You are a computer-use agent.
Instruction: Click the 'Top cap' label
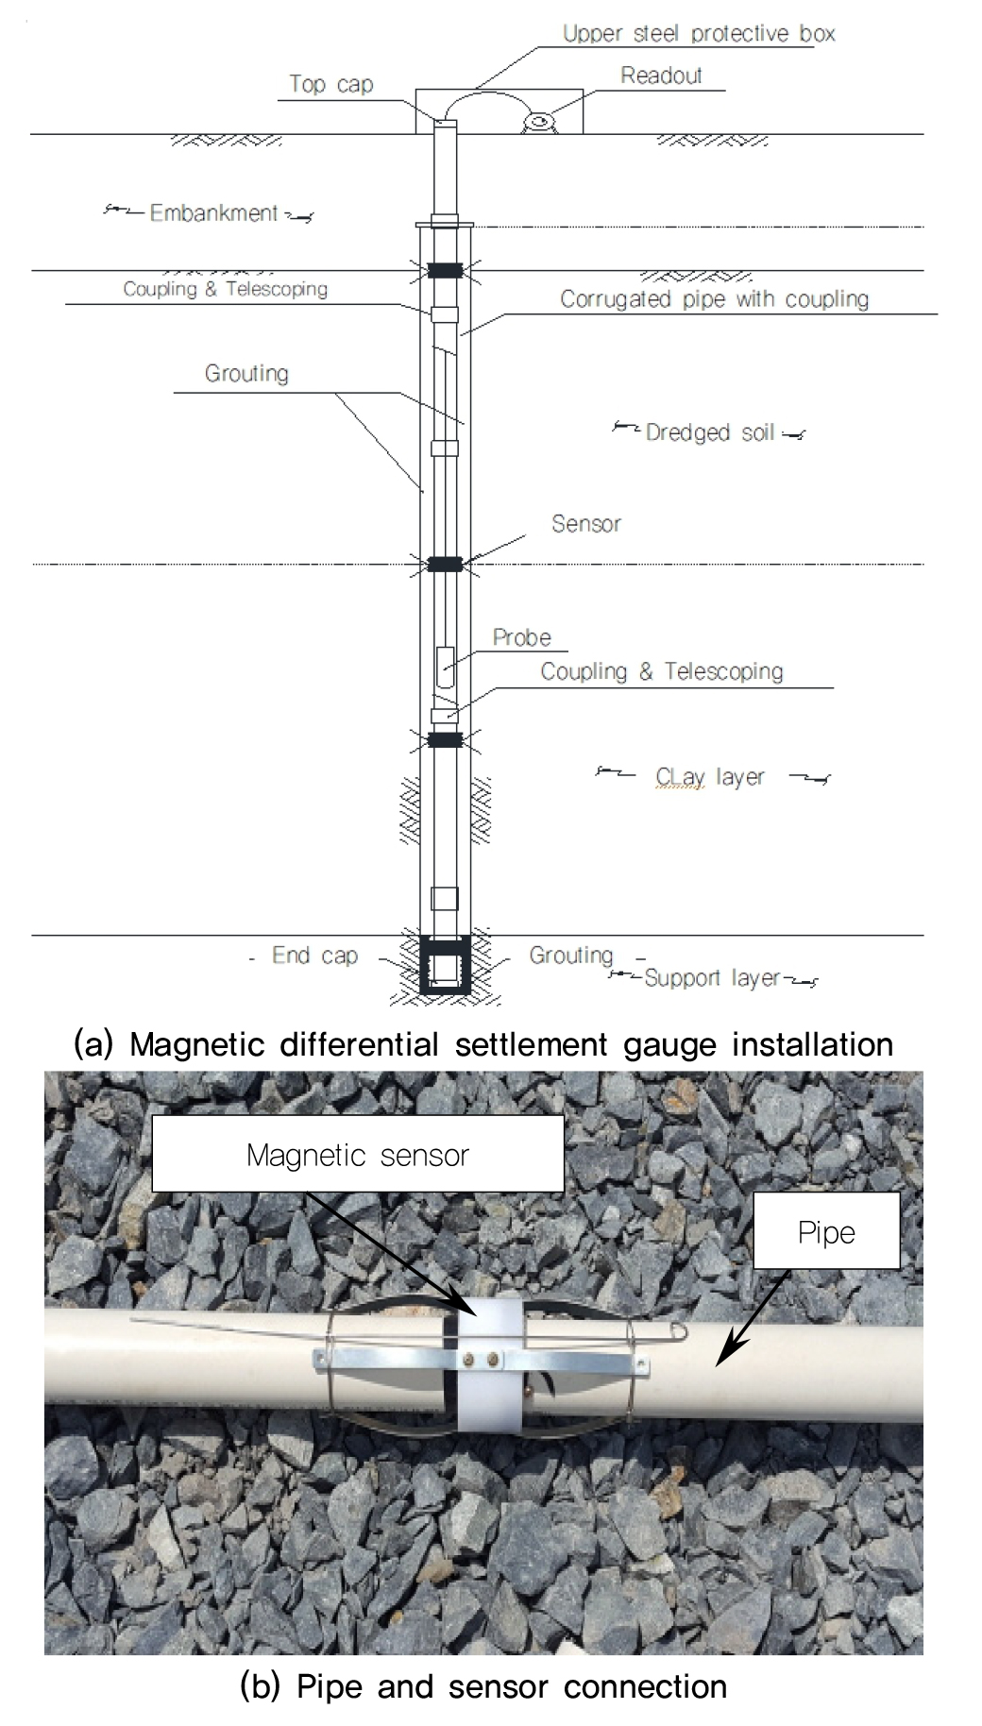coord(330,84)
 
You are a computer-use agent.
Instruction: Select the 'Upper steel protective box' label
coord(699,34)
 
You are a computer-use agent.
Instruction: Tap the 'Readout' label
coord(661,76)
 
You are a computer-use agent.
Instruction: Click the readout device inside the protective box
coord(541,122)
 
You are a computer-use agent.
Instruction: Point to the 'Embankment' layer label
coord(213,213)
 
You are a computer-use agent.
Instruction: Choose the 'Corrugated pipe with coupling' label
coord(714,299)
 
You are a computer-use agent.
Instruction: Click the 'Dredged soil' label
coord(710,432)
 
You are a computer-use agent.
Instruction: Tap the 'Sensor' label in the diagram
coord(586,523)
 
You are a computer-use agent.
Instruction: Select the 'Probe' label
coord(521,637)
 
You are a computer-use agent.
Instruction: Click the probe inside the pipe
coord(446,666)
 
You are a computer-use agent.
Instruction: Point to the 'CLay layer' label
coord(710,777)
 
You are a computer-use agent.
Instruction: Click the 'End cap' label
coord(314,956)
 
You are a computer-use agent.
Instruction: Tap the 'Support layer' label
coord(712,978)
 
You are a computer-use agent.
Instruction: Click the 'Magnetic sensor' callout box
coord(357,1154)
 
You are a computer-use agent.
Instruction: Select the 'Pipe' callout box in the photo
coord(826,1232)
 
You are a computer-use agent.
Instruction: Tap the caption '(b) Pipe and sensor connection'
coord(483,1685)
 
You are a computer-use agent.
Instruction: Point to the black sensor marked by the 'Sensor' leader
coord(445,564)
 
